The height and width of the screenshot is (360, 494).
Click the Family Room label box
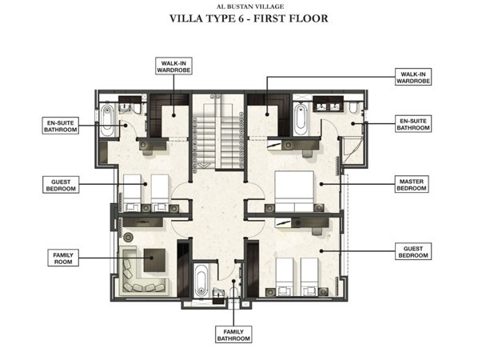click(63, 258)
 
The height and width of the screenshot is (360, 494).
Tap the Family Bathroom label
click(233, 334)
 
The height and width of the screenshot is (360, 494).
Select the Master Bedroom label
click(412, 185)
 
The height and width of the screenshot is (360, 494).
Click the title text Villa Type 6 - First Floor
click(249, 18)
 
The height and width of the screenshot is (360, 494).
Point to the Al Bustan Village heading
click(250, 6)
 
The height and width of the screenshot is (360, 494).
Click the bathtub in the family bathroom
click(201, 280)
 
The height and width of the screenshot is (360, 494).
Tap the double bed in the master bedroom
click(294, 191)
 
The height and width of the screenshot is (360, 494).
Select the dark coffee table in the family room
click(154, 260)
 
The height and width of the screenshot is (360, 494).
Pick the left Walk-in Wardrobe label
click(173, 66)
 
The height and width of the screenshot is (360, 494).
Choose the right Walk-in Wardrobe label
click(413, 78)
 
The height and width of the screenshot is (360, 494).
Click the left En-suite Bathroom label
click(60, 126)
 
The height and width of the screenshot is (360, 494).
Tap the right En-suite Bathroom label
click(413, 124)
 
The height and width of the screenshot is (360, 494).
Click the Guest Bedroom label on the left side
click(61, 185)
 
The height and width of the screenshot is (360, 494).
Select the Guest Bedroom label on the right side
click(413, 251)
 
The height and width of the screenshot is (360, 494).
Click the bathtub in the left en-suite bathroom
click(107, 121)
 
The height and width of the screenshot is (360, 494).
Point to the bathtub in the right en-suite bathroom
click(301, 119)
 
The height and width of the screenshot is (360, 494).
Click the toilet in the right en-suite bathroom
click(353, 107)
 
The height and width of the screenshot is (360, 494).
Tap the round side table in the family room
click(128, 237)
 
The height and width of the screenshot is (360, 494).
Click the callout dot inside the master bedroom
click(321, 184)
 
